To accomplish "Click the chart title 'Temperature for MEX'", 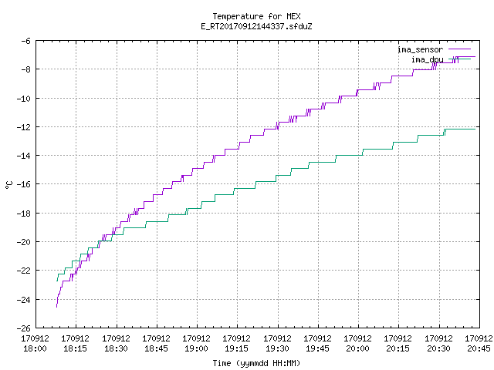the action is pyautogui.click(x=256, y=16).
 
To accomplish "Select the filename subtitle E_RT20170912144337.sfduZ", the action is pyautogui.click(x=256, y=26).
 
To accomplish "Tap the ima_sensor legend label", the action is pyautogui.click(x=420, y=49).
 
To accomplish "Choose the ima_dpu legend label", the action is pyautogui.click(x=427, y=59).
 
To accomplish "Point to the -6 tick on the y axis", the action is pyautogui.click(x=25, y=41).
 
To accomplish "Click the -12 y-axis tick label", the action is pyautogui.click(x=24, y=127).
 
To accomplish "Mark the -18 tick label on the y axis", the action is pyautogui.click(x=24, y=214).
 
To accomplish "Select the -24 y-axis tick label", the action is pyautogui.click(x=24, y=300).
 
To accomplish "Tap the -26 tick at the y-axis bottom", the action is pyautogui.click(x=24, y=328).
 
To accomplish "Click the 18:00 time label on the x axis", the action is pyautogui.click(x=35, y=348).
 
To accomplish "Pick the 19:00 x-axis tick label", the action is pyautogui.click(x=196, y=348).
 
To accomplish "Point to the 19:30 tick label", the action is pyautogui.click(x=277, y=348).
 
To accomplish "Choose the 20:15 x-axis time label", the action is pyautogui.click(x=398, y=348).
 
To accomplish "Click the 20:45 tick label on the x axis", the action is pyautogui.click(x=479, y=348).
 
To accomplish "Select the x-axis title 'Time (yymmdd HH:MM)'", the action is pyautogui.click(x=256, y=363).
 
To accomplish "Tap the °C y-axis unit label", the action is pyautogui.click(x=8, y=185).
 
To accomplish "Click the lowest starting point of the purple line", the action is pyautogui.click(x=56, y=307).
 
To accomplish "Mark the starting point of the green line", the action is pyautogui.click(x=57, y=281).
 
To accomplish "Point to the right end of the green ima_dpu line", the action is pyautogui.click(x=475, y=129).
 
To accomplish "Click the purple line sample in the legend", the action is pyautogui.click(x=460, y=49).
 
